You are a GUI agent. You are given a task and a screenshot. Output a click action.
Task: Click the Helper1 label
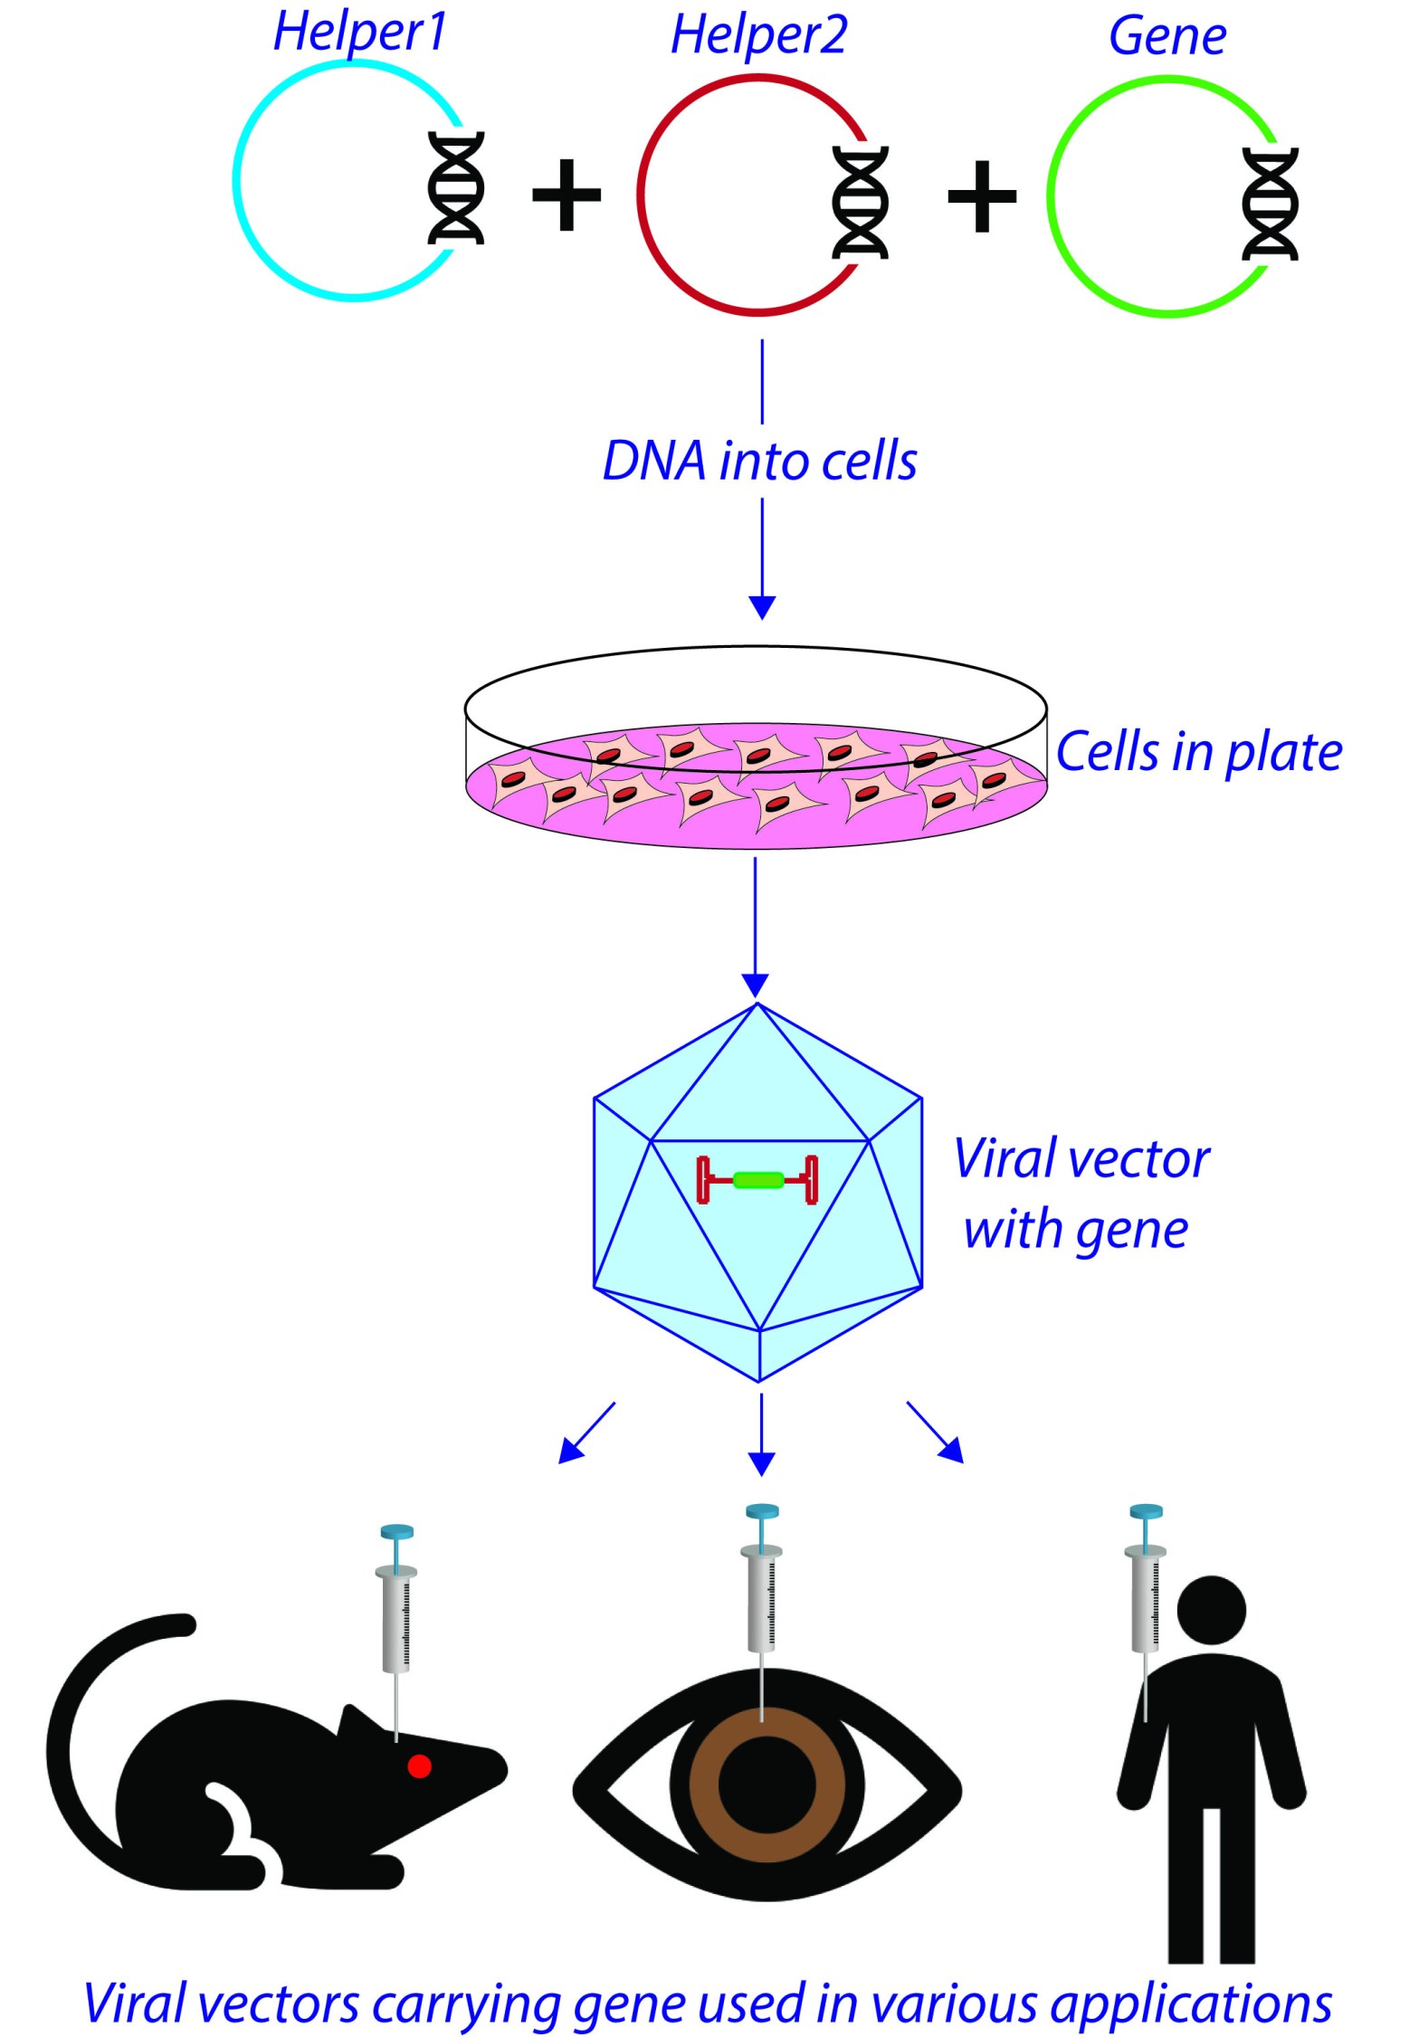click(x=360, y=33)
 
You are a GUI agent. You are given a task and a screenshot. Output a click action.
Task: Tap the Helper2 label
click(x=758, y=36)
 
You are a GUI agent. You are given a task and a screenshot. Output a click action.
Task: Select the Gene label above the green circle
click(x=1167, y=38)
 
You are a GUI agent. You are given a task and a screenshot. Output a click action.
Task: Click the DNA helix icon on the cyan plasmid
click(x=455, y=188)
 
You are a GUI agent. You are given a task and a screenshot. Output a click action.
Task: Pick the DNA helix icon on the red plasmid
click(x=860, y=203)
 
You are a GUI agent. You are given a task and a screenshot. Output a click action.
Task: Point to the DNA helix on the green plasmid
click(x=1271, y=205)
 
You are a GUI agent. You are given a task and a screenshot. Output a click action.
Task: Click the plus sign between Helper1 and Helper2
click(x=567, y=195)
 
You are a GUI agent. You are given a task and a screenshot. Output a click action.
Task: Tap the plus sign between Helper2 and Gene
click(x=982, y=196)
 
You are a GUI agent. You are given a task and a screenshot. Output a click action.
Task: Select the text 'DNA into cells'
click(x=760, y=462)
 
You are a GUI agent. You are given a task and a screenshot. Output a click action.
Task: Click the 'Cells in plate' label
click(x=1199, y=753)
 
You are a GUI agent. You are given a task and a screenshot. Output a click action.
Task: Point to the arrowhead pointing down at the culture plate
click(x=762, y=606)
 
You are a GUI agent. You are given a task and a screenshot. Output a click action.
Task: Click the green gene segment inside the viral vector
click(x=757, y=1179)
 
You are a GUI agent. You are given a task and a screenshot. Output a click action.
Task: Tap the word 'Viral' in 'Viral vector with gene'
click(x=1005, y=1159)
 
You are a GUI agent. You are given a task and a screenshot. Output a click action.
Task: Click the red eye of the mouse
click(x=419, y=1766)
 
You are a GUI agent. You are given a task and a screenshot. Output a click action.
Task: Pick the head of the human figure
click(x=1211, y=1611)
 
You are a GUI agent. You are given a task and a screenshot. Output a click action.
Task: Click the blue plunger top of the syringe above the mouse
click(x=396, y=1533)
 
